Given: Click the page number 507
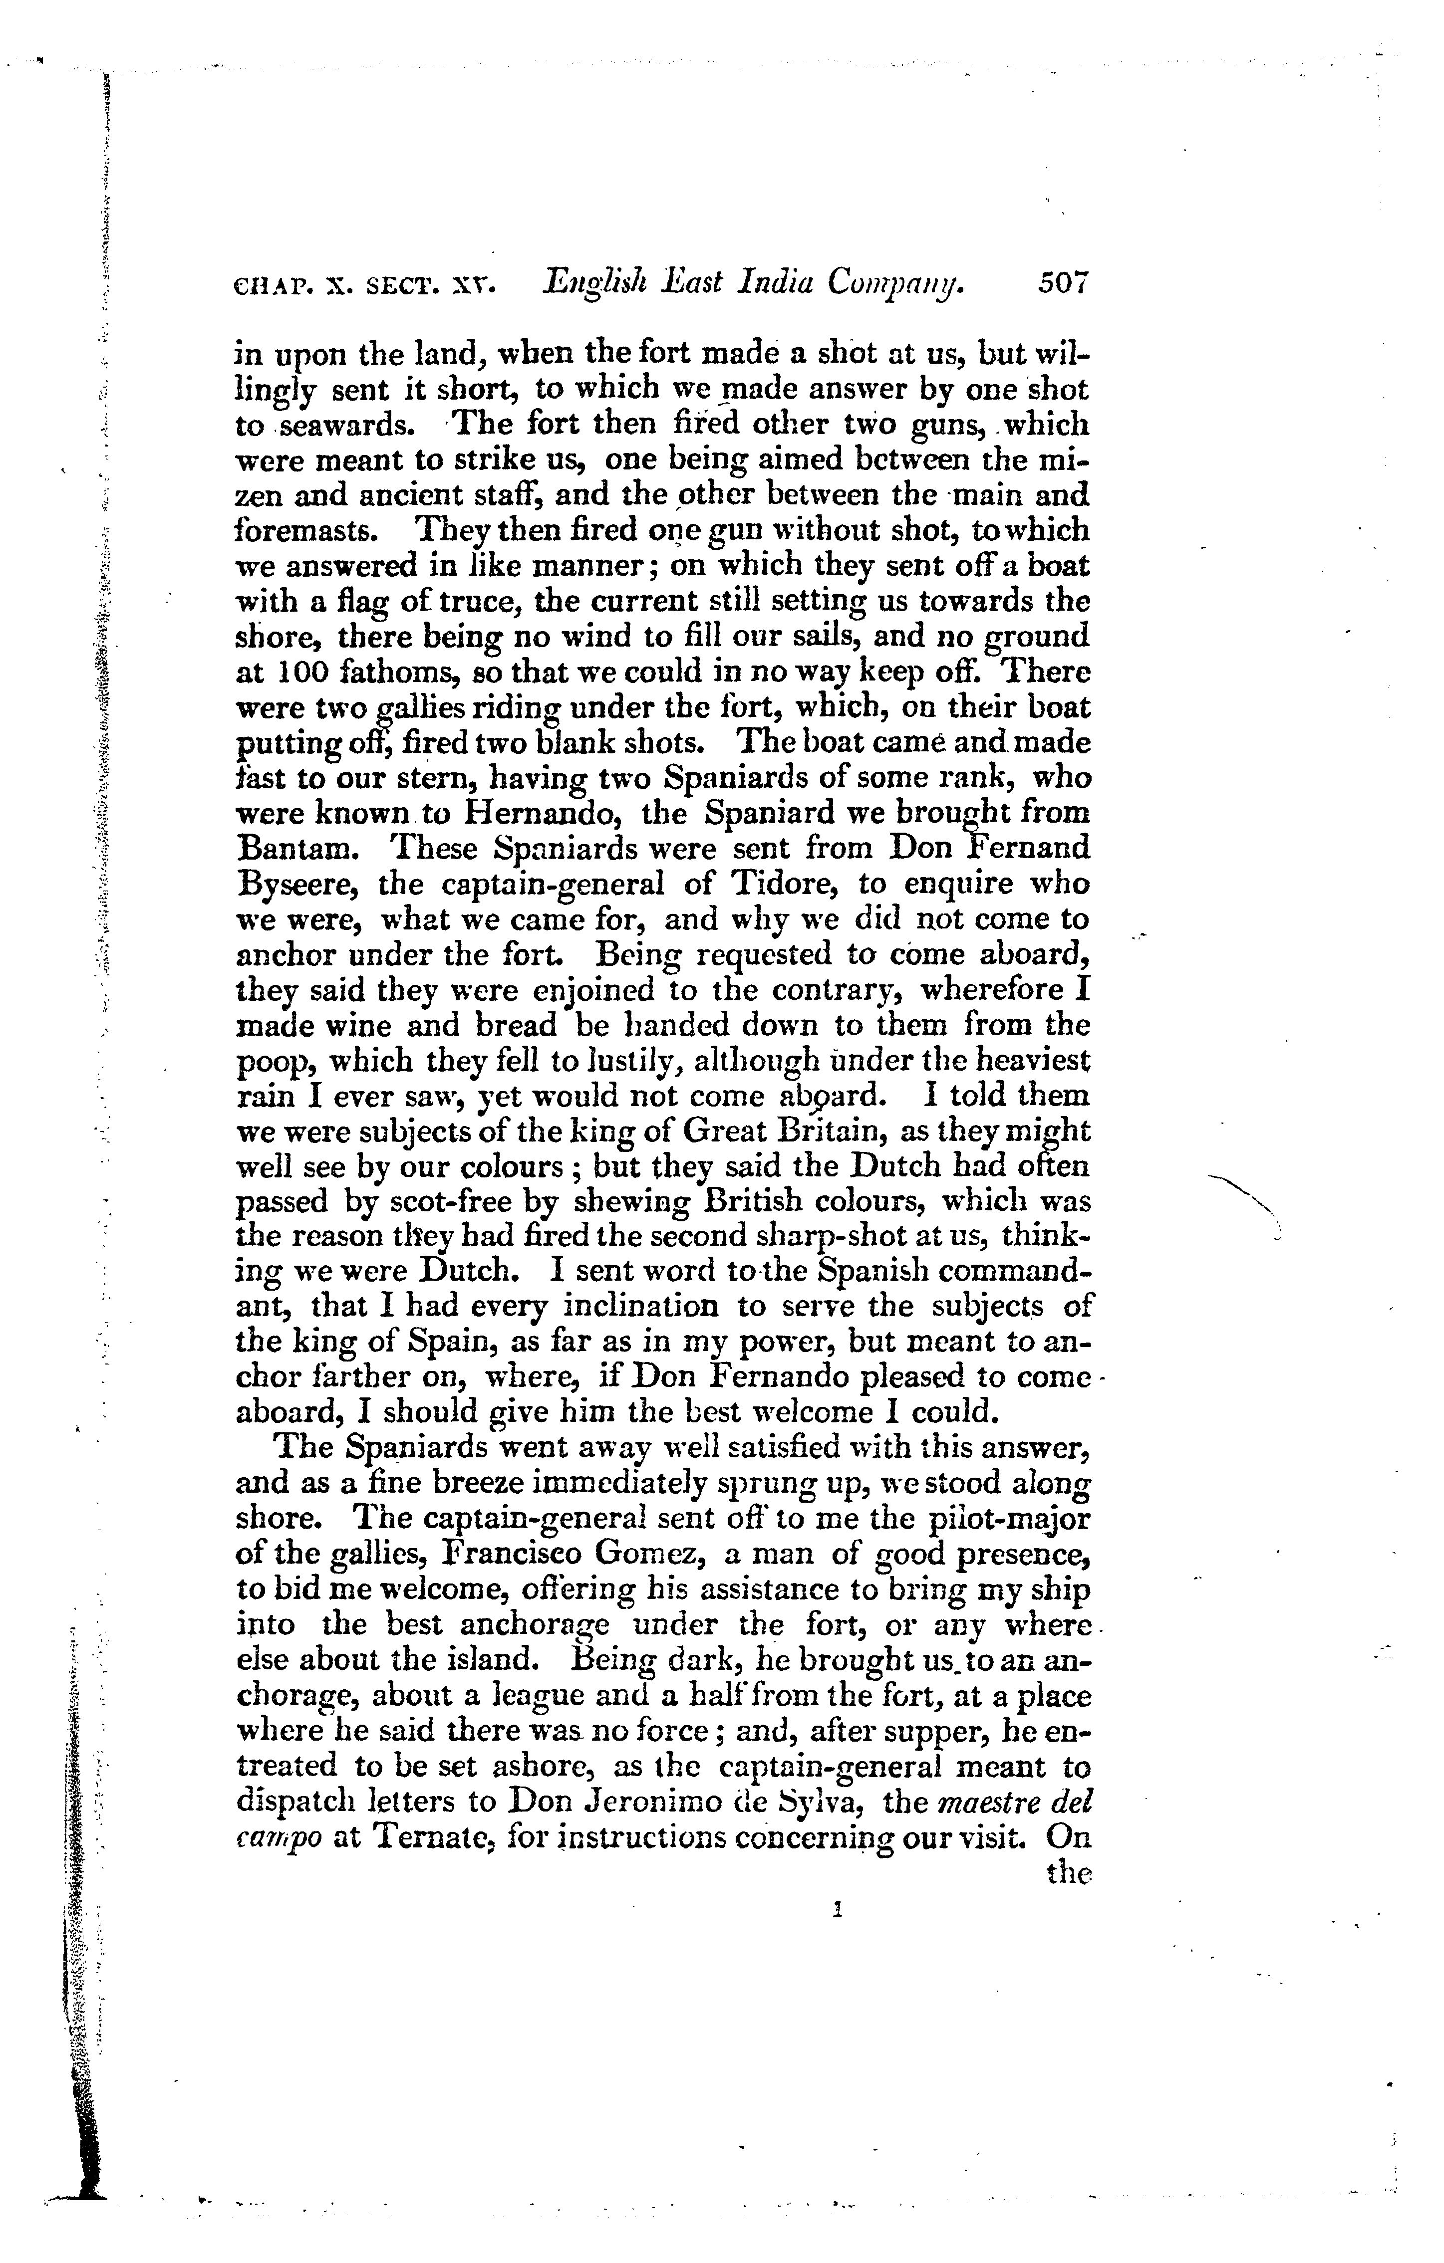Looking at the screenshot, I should coord(1062,283).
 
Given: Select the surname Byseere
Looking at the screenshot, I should coord(296,885).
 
